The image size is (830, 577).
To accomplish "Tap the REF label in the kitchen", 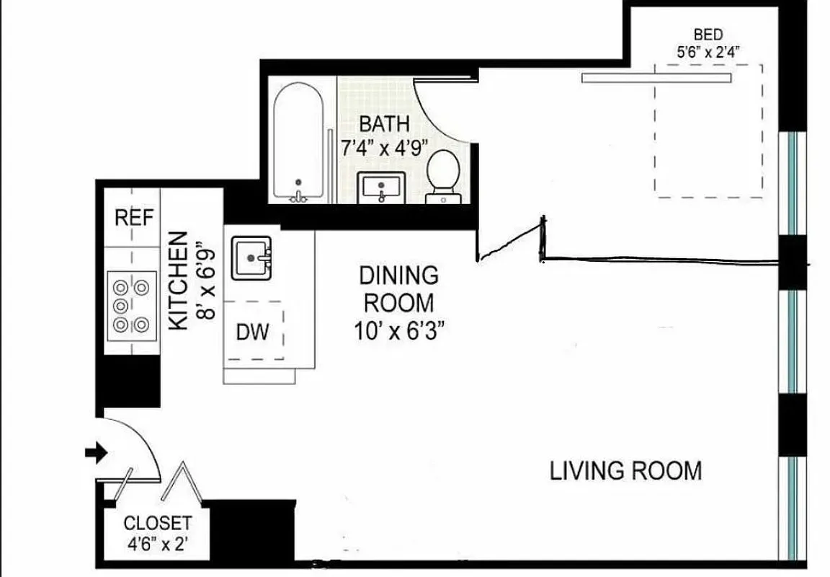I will pos(135,218).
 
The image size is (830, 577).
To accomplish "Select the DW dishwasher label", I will pos(252,332).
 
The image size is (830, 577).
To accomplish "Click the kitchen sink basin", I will pos(251,257).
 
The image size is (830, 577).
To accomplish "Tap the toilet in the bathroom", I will pos(443,175).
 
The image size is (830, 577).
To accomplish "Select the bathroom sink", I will pos(382,188).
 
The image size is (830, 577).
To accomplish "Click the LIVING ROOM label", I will pos(625,471).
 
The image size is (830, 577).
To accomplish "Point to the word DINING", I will pos(398,275).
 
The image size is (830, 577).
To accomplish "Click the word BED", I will pos(708,34).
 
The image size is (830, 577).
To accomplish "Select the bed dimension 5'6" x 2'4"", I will pos(708,51).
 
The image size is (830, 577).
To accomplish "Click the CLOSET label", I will pos(157,523).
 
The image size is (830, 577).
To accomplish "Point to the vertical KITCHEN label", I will pos(179,281).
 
